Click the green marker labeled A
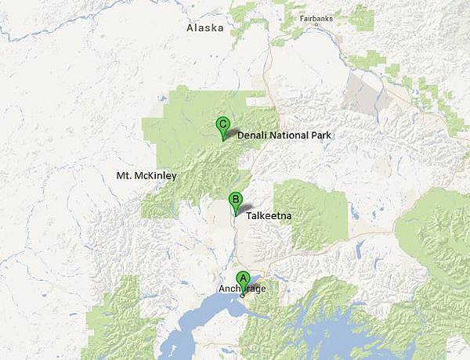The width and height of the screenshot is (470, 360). [x=243, y=278]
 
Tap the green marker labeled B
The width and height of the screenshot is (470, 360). [x=234, y=200]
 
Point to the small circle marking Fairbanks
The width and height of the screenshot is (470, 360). [x=316, y=24]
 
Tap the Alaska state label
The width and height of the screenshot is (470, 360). [x=204, y=28]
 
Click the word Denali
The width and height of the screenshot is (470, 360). [x=252, y=135]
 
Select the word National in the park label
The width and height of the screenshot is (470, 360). [x=289, y=135]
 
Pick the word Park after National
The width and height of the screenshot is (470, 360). [x=322, y=135]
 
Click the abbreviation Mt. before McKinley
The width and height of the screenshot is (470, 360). [x=125, y=175]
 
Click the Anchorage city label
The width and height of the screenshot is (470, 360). [x=243, y=290]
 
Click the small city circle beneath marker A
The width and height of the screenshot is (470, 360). [x=243, y=296]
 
